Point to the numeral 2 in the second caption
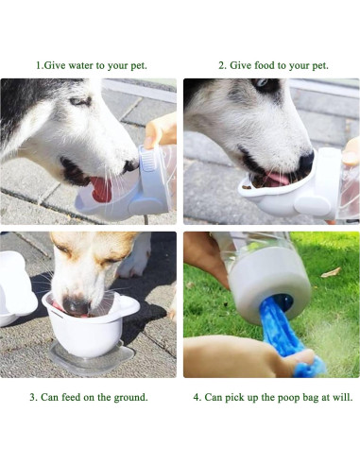click(x=221, y=65)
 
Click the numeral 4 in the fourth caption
click(x=197, y=397)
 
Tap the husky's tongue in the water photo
click(x=100, y=187)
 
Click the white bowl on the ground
click(x=89, y=331)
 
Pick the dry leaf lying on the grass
click(x=330, y=272)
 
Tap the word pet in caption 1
click(x=135, y=65)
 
